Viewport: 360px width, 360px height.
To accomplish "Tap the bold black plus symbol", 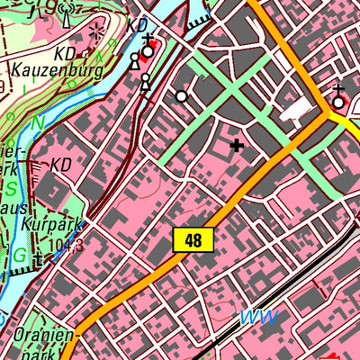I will click(237, 144).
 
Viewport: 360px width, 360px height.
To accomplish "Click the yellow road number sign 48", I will click(193, 239).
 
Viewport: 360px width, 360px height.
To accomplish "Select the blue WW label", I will click(257, 316).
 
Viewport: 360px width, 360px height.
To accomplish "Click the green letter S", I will click(12, 188).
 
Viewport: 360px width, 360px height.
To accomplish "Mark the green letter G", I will click(18, 255).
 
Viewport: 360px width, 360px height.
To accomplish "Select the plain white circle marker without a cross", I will click(182, 95).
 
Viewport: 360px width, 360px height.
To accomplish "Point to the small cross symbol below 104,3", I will click(38, 261).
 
